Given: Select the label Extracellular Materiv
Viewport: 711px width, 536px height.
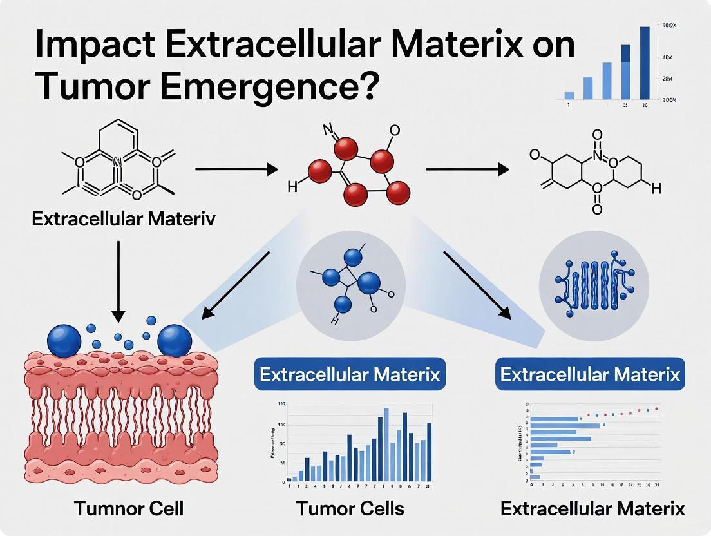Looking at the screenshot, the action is tap(124, 218).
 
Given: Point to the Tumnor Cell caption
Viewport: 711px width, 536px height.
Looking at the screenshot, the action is tap(129, 508).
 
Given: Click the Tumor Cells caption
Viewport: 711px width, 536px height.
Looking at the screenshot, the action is tap(350, 508).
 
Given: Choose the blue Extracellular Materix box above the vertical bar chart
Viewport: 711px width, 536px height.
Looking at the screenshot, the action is tap(350, 374).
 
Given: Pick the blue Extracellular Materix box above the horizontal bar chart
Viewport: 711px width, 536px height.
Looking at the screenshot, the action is tap(590, 374).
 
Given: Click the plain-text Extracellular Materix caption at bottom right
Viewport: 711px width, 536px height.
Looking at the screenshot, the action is tap(592, 508).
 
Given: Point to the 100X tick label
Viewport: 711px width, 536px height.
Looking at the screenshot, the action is tap(670, 26).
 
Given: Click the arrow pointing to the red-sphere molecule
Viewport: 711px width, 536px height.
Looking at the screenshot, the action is tap(236, 169).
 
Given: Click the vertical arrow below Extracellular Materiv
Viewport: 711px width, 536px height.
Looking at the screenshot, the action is tap(118, 281).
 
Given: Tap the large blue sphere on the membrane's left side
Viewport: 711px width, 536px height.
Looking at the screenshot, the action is tap(64, 339).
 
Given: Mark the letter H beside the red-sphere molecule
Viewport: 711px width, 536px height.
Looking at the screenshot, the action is tap(292, 187).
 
